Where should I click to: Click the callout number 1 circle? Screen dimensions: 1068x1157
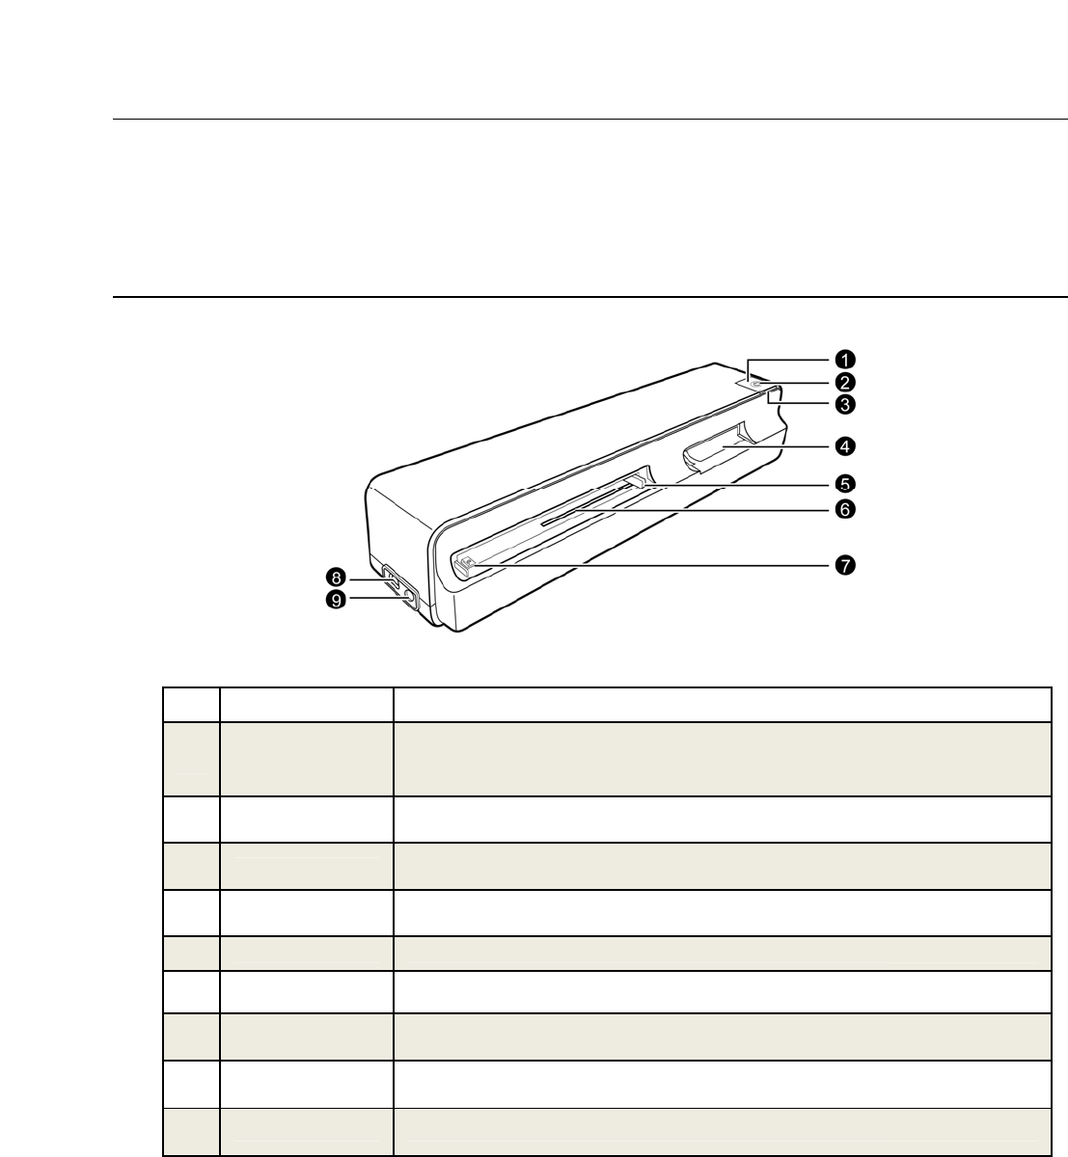coord(845,360)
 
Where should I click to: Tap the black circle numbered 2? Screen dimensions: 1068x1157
coord(845,383)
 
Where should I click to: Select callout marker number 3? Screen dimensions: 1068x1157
coord(845,404)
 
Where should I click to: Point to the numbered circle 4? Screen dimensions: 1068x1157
coord(845,446)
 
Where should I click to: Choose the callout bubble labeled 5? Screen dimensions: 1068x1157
coord(845,484)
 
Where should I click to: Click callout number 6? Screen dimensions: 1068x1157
coord(845,510)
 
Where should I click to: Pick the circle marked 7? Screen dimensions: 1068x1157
coord(845,565)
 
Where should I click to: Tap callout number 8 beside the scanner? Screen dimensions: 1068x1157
coord(336,578)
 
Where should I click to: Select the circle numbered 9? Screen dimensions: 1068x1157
coord(336,600)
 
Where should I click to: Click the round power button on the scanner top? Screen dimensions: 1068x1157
coord(756,384)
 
